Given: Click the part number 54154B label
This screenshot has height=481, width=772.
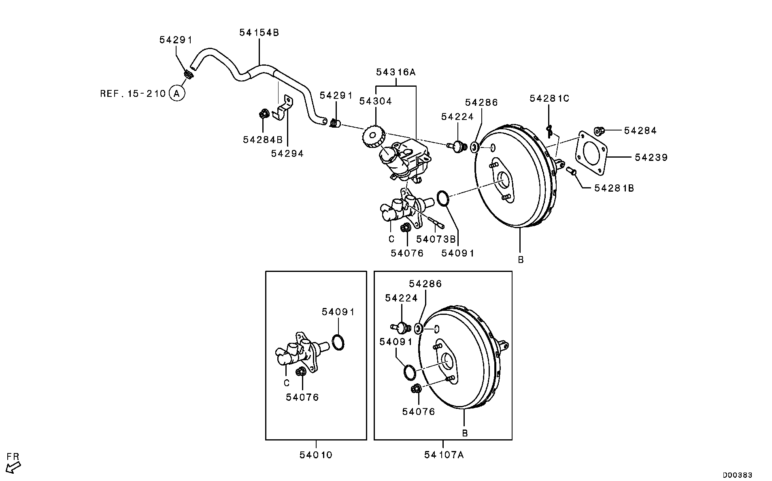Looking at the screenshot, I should [x=259, y=33].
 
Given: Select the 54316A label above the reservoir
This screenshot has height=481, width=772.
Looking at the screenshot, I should [x=396, y=73].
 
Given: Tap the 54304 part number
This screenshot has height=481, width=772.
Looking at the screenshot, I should [x=376, y=101].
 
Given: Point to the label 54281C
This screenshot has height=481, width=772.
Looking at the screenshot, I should [x=549, y=98].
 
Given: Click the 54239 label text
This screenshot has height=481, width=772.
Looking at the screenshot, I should [x=651, y=157].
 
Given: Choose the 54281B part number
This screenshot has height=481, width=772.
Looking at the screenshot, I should [x=614, y=188].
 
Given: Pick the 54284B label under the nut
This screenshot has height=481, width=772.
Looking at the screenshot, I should [x=263, y=140].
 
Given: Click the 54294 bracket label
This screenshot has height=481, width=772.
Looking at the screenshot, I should [x=287, y=154].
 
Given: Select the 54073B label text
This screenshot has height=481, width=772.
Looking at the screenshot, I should [x=436, y=239].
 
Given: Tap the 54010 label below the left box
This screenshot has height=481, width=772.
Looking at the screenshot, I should [x=316, y=455].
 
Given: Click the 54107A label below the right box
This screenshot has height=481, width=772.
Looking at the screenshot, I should [x=444, y=455].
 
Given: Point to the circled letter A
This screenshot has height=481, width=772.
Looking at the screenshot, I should [x=177, y=94].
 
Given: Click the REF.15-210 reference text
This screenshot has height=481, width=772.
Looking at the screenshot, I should [x=133, y=94].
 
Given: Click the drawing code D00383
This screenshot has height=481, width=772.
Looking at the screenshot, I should [x=738, y=475].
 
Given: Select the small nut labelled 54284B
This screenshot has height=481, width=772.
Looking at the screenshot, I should [x=264, y=114].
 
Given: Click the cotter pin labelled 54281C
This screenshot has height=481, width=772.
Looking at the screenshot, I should [x=549, y=131].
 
